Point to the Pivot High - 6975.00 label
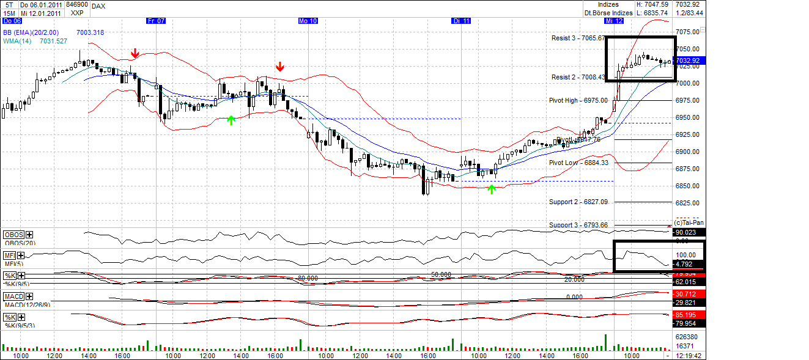[x=578, y=100]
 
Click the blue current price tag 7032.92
[x=689, y=61]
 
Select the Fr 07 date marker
[x=157, y=21]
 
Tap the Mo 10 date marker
[x=308, y=21]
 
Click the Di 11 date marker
[x=461, y=21]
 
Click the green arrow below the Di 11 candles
[x=491, y=189]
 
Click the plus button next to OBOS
[x=29, y=235]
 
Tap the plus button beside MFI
[x=21, y=255]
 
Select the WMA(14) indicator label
[x=18, y=41]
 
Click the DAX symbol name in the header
[x=98, y=6]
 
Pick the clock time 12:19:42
[x=689, y=355]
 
